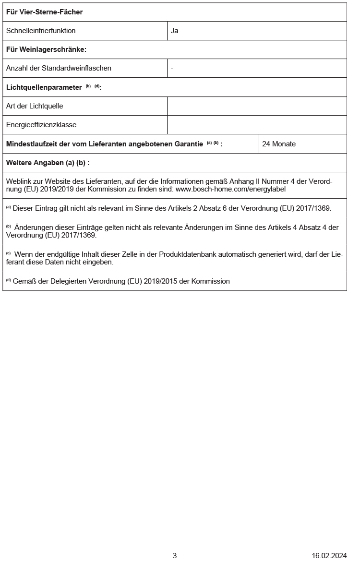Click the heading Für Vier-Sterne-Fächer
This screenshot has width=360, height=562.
[44, 12]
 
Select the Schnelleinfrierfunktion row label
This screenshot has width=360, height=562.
[41, 31]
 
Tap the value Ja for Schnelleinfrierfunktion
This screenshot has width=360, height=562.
[175, 31]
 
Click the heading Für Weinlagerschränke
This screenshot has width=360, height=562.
[46, 49]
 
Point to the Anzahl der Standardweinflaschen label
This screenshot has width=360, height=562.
[59, 68]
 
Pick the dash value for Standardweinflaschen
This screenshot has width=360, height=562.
[172, 68]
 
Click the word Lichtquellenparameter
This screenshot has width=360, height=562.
[44, 87]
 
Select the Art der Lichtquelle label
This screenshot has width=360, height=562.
[35, 106]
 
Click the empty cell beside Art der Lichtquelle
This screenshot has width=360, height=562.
[257, 106]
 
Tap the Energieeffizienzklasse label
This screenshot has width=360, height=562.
[41, 125]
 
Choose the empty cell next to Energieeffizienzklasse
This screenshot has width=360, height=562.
[257, 125]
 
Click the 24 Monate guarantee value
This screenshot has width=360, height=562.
[279, 144]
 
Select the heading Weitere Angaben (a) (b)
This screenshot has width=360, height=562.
[48, 163]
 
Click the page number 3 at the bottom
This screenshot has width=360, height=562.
[175, 555]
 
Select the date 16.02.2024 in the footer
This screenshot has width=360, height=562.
[329, 555]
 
